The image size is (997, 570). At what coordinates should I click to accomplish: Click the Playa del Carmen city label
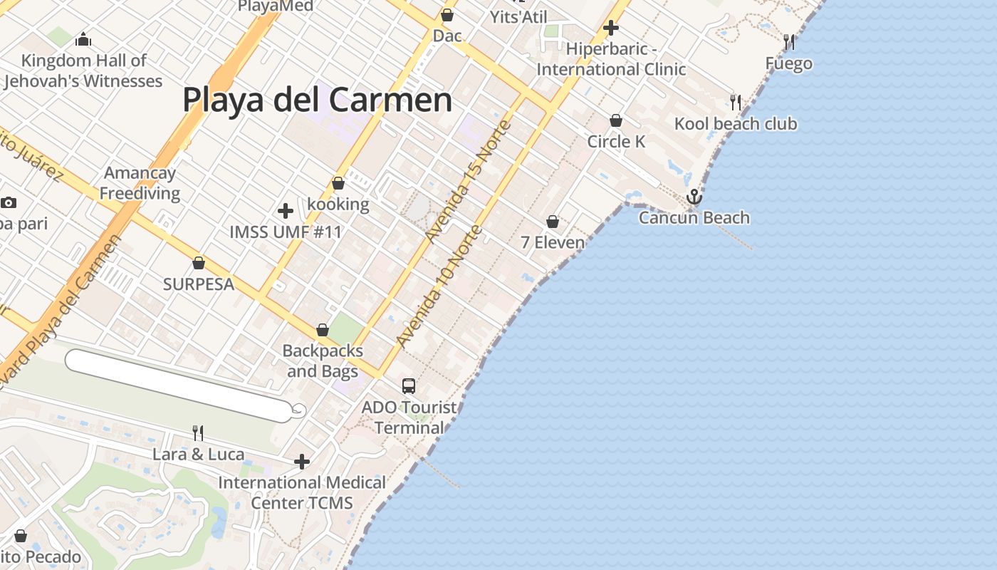317,100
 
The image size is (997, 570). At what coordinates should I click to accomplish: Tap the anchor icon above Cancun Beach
694,197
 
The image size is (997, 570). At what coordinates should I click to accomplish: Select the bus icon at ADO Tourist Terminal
409,386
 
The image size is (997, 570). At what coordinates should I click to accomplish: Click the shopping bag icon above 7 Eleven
553,222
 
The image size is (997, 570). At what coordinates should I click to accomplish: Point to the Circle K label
616,142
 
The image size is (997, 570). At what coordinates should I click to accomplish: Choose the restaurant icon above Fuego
789,43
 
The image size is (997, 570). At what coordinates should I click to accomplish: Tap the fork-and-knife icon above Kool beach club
736,103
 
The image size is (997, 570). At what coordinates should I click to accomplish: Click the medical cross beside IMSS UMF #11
286,211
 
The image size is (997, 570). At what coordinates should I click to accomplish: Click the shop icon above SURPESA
199,264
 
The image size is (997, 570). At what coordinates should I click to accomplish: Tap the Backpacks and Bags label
323,361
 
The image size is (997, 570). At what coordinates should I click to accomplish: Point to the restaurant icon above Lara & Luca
198,432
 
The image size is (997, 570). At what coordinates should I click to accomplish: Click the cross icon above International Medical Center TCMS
302,462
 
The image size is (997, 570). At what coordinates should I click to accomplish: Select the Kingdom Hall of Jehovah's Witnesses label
83,71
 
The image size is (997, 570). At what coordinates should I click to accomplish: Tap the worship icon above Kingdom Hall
83,39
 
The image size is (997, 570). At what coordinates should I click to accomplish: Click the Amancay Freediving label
140,183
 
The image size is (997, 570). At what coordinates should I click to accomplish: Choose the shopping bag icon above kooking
338,184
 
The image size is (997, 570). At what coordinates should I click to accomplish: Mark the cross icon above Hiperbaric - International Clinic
611,28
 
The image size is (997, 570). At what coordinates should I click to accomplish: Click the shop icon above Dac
447,15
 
